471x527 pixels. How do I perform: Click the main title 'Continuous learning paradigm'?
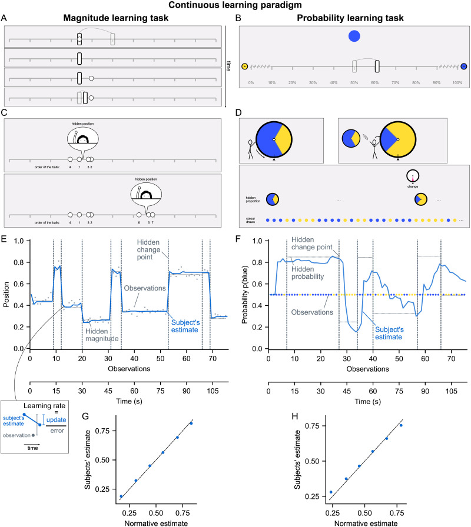(235, 5)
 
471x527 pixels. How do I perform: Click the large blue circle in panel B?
(354, 36)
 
